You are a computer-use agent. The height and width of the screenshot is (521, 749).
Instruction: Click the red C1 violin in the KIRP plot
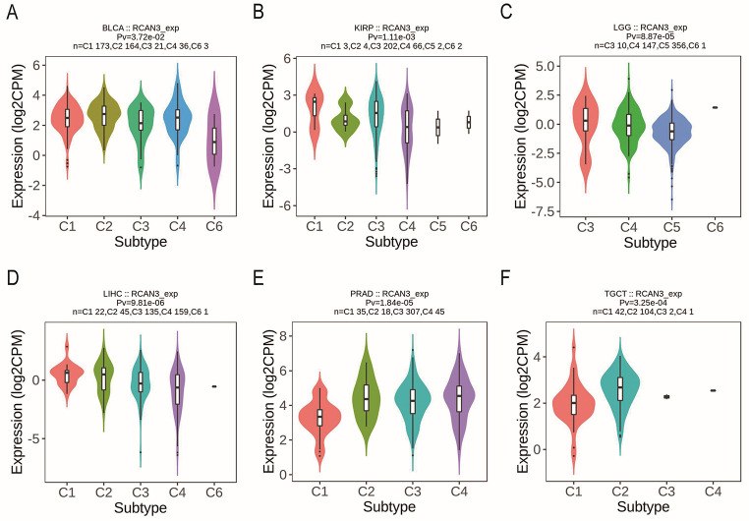[315, 108]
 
